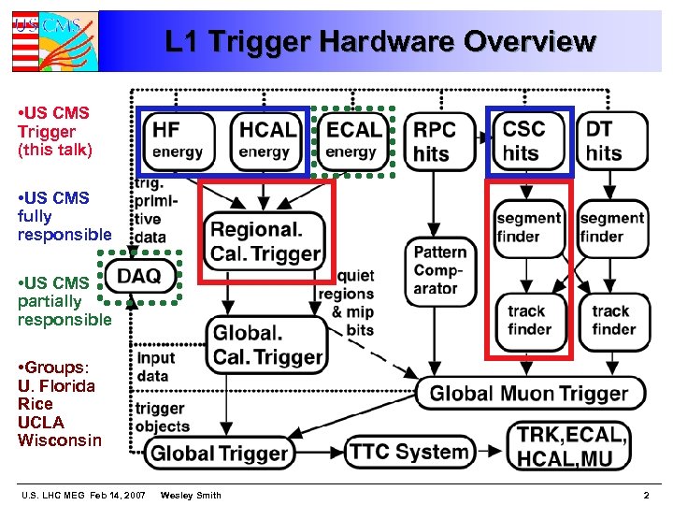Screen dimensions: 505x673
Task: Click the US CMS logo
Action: point(53,41)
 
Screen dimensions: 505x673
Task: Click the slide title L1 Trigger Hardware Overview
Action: point(379,42)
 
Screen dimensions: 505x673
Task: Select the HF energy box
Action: point(178,139)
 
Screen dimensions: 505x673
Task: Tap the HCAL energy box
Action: point(266,139)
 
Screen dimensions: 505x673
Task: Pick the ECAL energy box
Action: point(352,139)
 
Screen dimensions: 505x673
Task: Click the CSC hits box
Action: point(530,140)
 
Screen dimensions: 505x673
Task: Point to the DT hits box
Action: point(612,140)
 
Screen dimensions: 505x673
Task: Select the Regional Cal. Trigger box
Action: point(265,239)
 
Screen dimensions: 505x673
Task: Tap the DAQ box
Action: point(140,275)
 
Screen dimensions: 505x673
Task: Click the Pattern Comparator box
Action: point(441,270)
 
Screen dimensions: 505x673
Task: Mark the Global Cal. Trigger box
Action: point(266,344)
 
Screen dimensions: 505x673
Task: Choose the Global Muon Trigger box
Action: point(529,394)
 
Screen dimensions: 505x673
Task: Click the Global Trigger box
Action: point(220,454)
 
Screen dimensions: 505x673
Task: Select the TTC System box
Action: point(409,452)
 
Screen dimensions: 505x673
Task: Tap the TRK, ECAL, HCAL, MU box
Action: point(573,446)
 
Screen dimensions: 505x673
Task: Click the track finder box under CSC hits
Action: point(529,320)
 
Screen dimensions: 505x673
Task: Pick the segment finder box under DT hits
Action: point(612,227)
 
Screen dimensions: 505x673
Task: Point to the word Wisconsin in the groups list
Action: point(60,440)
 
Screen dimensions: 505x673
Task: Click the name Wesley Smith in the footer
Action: point(191,494)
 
